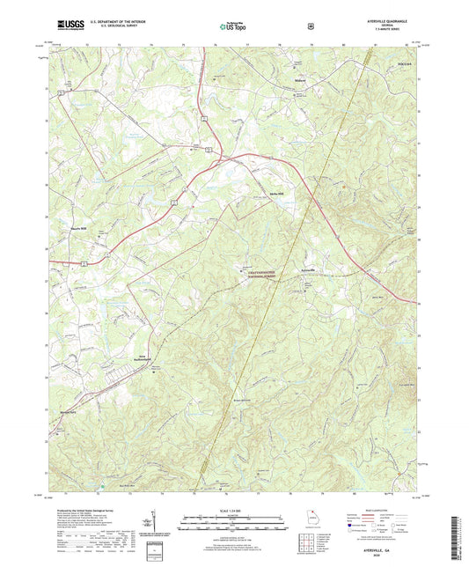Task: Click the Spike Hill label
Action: coord(266,195)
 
